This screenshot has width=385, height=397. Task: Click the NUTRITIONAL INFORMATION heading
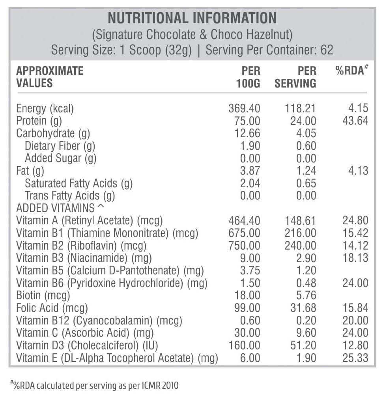(192, 18)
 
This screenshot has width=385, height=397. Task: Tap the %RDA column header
(352, 70)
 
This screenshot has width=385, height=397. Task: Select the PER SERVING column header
(295, 77)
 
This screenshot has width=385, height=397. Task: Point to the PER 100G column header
(248, 77)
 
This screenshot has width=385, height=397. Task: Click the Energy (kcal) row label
(45, 109)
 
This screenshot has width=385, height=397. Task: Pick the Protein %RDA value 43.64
(355, 121)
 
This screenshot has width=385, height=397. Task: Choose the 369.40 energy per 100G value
(244, 108)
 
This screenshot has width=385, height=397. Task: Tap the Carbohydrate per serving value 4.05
(306, 133)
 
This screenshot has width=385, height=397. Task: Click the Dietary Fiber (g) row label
(60, 146)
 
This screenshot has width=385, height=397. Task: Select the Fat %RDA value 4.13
(358, 171)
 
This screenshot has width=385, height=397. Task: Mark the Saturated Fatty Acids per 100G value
(250, 183)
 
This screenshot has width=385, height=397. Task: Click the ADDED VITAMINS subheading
(60, 208)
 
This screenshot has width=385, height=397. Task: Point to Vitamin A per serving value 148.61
(301, 220)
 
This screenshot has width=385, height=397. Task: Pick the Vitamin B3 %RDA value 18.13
(355, 258)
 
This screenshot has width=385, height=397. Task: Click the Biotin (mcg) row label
(43, 296)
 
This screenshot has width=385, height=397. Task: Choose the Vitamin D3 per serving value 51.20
(303, 346)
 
